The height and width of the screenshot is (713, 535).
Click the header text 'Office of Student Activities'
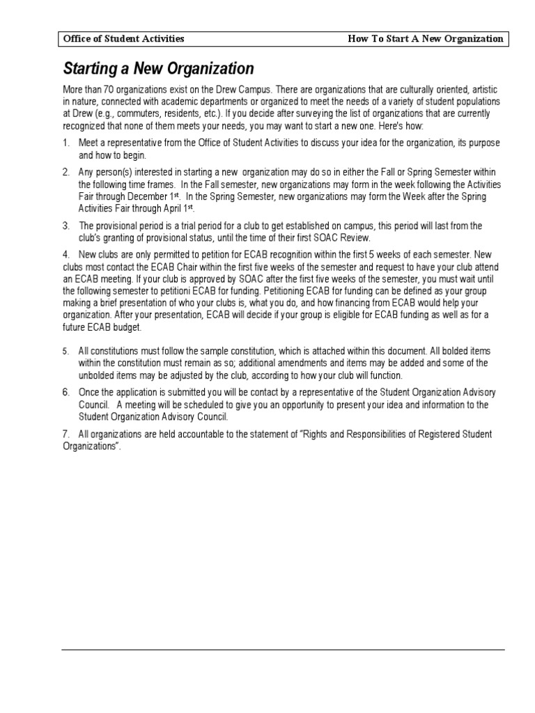tap(123, 39)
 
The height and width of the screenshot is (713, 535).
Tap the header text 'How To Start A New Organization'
tap(425, 39)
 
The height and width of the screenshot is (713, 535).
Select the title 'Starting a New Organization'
tap(159, 69)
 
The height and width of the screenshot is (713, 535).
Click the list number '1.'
tap(66, 143)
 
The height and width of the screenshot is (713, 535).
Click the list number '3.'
tap(66, 226)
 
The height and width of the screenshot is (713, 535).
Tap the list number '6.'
tap(66, 393)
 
